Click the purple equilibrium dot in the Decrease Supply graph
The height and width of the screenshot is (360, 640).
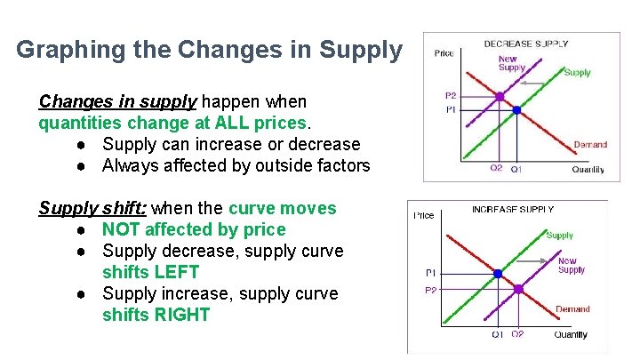tap(500, 96)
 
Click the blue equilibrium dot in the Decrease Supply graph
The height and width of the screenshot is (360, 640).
tap(517, 110)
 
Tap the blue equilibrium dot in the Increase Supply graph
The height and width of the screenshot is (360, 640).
tap(498, 273)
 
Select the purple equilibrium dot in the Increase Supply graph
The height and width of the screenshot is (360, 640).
tap(516, 289)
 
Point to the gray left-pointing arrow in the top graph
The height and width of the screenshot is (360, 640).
tap(532, 83)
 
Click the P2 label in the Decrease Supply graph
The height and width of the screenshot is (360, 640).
tap(451, 96)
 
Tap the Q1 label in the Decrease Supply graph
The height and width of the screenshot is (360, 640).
tap(517, 169)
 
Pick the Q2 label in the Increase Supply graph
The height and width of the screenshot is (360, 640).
tap(517, 334)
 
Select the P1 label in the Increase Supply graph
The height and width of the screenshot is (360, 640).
tap(430, 273)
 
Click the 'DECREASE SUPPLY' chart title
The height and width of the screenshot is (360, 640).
tap(525, 44)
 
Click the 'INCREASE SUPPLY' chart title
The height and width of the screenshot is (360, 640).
tap(512, 210)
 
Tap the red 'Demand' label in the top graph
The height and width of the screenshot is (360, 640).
tap(589, 144)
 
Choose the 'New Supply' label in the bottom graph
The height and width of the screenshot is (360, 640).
tap(571, 266)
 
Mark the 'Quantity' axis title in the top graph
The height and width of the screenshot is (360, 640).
tap(588, 169)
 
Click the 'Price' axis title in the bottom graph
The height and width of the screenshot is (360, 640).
tap(424, 215)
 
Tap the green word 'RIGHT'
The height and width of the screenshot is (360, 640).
tap(156, 315)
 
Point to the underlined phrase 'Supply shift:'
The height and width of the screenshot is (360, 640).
tap(92, 209)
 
